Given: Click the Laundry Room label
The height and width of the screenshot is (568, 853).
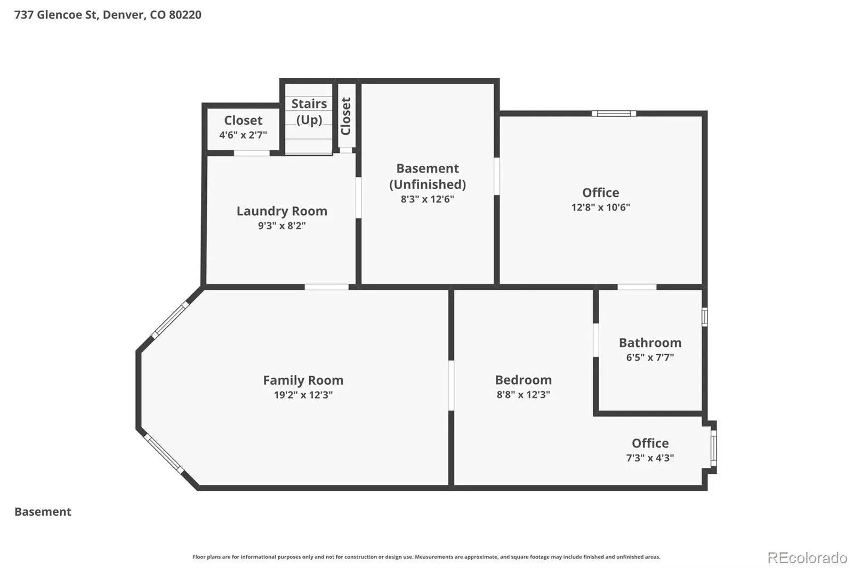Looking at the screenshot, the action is pyautogui.click(x=282, y=211).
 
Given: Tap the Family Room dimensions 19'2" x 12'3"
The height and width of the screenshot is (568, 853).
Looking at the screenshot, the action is pyautogui.click(x=303, y=395).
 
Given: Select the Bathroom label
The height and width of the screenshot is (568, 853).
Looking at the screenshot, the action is pyautogui.click(x=650, y=343).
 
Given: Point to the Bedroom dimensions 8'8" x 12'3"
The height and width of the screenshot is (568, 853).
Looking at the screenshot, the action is pyautogui.click(x=523, y=394).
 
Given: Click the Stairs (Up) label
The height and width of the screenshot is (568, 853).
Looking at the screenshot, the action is pyautogui.click(x=309, y=111).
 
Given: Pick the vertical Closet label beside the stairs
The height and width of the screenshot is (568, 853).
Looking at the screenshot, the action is pyautogui.click(x=345, y=116).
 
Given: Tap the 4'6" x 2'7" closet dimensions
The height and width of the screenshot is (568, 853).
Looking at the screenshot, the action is pyautogui.click(x=243, y=135).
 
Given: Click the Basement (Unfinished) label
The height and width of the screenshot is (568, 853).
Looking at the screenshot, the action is pyautogui.click(x=427, y=176).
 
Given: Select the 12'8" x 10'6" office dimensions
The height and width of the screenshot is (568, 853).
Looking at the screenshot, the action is pyautogui.click(x=600, y=207).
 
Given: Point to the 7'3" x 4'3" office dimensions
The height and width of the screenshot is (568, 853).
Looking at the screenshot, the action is pyautogui.click(x=650, y=458).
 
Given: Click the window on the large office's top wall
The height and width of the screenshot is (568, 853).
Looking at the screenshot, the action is pyautogui.click(x=614, y=113).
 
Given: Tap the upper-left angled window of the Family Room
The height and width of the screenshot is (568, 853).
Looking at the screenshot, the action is pyautogui.click(x=170, y=320).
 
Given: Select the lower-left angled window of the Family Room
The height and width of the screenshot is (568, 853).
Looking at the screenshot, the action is pyautogui.click(x=164, y=453).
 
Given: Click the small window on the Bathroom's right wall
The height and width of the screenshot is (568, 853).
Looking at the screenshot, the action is pyautogui.click(x=705, y=317).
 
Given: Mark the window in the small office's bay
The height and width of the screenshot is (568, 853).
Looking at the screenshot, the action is pyautogui.click(x=714, y=449).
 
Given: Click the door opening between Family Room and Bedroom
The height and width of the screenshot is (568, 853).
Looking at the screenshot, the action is pyautogui.click(x=451, y=386).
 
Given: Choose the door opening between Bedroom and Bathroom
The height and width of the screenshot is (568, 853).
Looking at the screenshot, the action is pyautogui.click(x=596, y=340).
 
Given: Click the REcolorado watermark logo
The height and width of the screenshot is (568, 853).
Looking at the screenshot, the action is pyautogui.click(x=807, y=558).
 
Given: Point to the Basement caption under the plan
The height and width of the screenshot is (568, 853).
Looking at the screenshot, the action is pyautogui.click(x=43, y=512).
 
